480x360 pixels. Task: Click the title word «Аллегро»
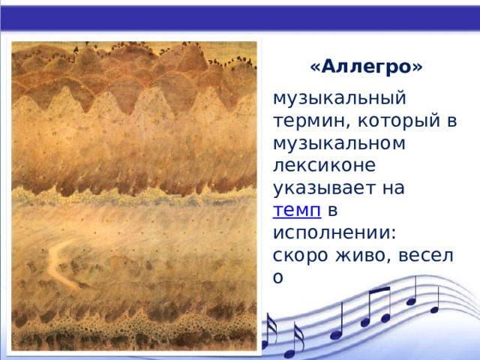[365, 67]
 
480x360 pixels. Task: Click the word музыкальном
[340, 143]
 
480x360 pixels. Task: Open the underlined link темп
[297, 211]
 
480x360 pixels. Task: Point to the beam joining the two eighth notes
[378, 292]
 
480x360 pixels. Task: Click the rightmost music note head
[434, 307]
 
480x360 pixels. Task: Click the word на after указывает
[394, 188]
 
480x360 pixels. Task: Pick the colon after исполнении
[394, 235]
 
